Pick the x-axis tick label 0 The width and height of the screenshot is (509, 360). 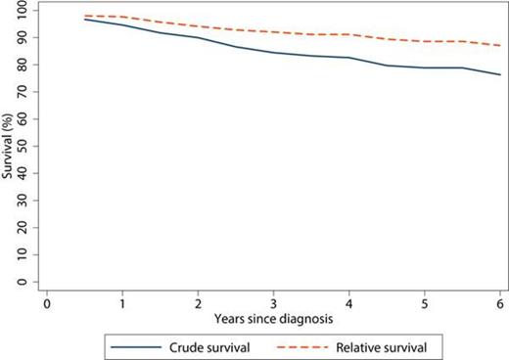point(46,302)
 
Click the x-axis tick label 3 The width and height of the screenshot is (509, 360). point(273,302)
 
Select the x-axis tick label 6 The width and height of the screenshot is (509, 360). point(500,302)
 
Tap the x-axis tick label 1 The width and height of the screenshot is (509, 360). point(121,302)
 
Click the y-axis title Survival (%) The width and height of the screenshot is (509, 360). point(9,147)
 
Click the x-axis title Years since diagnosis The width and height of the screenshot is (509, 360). point(273,318)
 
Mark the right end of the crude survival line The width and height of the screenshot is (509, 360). point(500,74)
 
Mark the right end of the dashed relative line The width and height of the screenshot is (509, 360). point(500,45)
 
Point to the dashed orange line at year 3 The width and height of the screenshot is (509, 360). point(273,32)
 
